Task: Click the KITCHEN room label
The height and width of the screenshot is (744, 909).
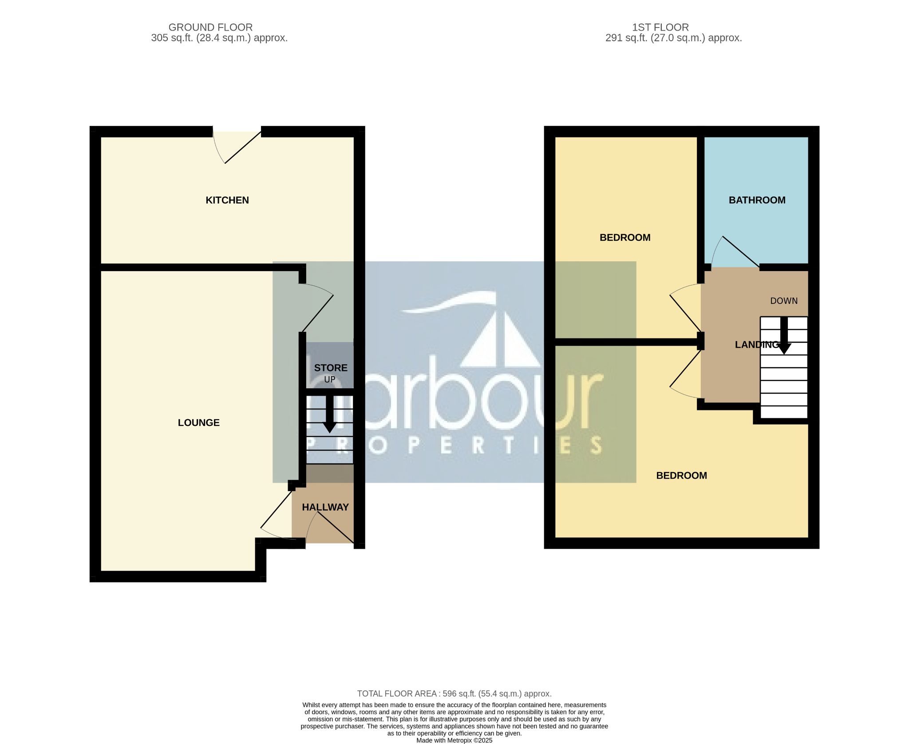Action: (227, 200)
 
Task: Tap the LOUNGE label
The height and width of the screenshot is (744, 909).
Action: (198, 423)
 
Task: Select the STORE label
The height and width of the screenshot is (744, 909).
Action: (331, 368)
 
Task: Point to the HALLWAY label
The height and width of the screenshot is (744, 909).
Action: (325, 507)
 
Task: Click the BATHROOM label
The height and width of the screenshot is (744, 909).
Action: (757, 200)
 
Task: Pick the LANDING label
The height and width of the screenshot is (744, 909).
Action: (756, 345)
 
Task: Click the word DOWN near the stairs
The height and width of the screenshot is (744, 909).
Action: (784, 301)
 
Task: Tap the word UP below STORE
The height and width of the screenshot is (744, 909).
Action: (329, 380)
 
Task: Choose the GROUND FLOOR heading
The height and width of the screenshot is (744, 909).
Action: (210, 27)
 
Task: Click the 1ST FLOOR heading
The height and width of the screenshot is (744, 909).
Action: (660, 27)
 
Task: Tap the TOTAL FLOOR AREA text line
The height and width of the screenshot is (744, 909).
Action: (454, 693)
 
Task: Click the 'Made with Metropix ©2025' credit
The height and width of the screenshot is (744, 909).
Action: (454, 740)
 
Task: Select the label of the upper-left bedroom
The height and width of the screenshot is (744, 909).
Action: (624, 237)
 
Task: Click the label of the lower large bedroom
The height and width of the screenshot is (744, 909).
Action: (681, 476)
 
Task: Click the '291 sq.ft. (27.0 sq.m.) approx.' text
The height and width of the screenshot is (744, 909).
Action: (673, 38)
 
